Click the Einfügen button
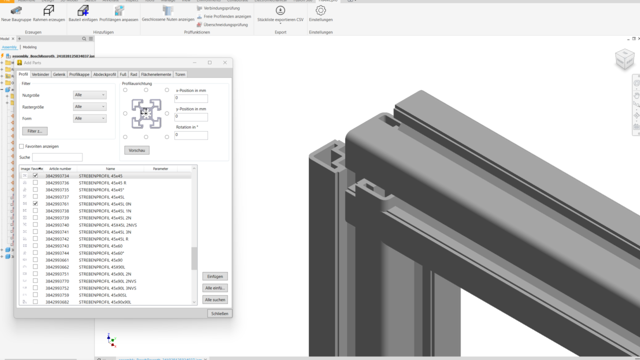coord(215,276)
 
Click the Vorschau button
coord(136,150)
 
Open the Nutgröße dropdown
coord(89,95)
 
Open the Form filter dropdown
coord(89,118)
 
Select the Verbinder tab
coord(40,74)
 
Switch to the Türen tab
coord(180,74)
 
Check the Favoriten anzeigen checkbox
coord(21,146)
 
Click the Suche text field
coord(57,157)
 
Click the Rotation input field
coord(191,135)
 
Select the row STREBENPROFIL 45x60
coord(100,246)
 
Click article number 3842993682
coord(57,302)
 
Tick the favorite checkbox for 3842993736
coord(35,183)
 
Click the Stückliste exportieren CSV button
coord(280,11)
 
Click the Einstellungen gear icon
coord(320,10)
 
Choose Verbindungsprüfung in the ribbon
coord(218,8)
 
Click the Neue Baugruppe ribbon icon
coord(16,11)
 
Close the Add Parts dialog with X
coord(225,62)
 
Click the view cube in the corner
coord(624,59)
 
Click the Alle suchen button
coord(215,299)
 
